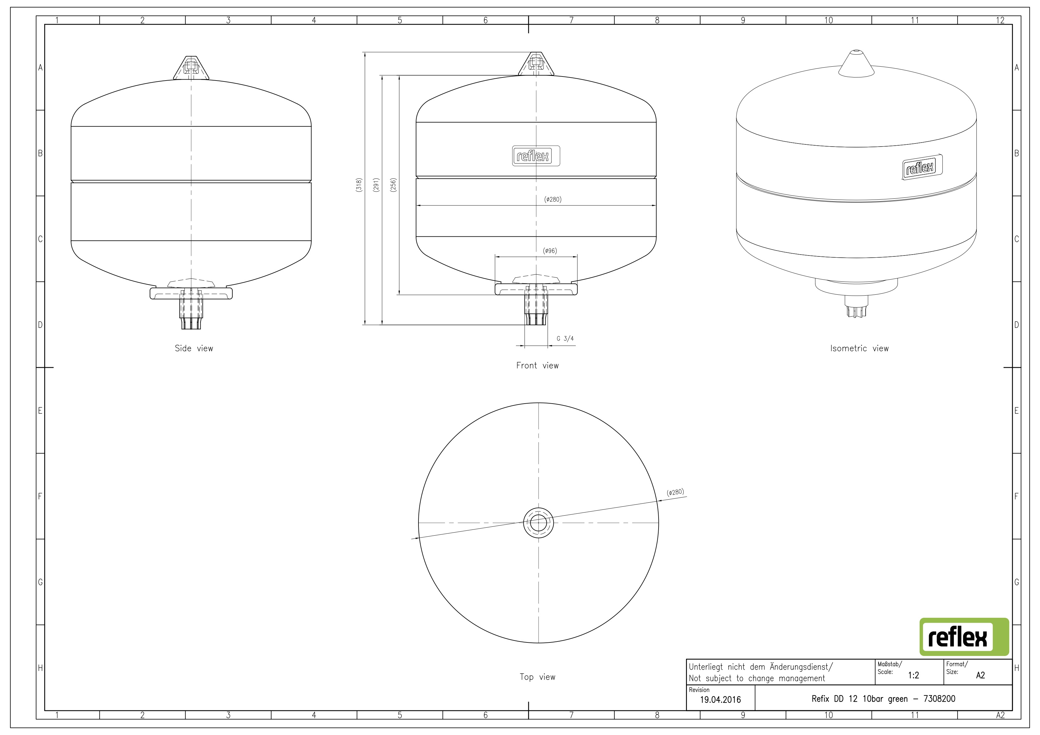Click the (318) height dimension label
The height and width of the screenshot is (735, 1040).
359,185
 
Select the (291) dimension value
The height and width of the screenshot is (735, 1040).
376,185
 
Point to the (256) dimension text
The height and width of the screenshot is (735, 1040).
393,185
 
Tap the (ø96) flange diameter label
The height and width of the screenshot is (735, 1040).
549,251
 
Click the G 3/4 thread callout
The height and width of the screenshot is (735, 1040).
565,338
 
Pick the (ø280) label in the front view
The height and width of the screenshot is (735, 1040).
553,199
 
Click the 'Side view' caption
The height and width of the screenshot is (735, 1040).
194,348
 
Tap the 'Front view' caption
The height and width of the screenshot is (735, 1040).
537,365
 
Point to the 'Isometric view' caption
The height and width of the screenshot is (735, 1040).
859,348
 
